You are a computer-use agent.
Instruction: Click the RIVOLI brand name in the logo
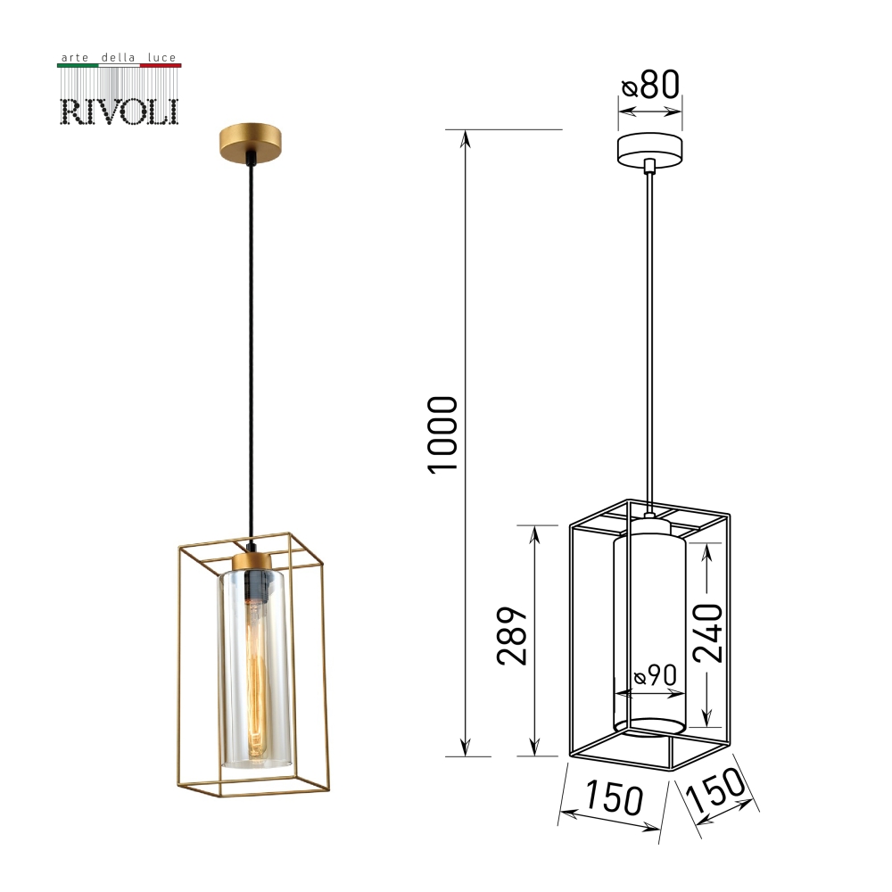click(119, 111)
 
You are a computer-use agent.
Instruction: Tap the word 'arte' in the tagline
click(75, 57)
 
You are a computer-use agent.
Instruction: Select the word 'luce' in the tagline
click(161, 57)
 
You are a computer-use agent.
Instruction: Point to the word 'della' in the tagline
click(118, 57)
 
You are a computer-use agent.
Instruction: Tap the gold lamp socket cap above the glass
click(252, 560)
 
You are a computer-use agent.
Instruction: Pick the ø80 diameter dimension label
click(650, 86)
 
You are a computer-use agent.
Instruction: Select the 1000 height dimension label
click(442, 434)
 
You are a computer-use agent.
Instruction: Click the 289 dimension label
click(512, 635)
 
